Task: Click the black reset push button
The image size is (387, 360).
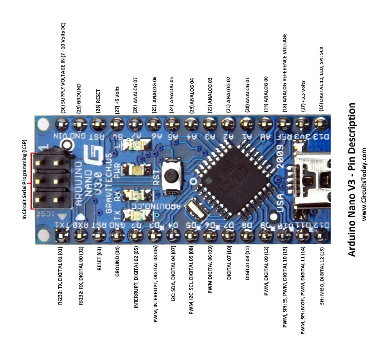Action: point(171,176)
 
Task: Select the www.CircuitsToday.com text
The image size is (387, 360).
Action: point(365,184)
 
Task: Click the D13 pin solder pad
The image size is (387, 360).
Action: point(320,125)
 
